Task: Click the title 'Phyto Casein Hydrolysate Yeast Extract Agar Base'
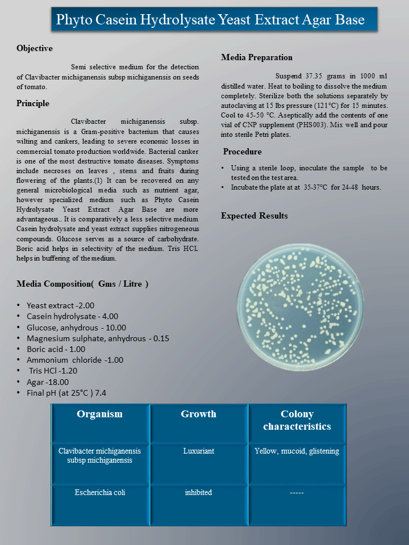210,20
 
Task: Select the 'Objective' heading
35,48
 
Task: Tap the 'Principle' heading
33,103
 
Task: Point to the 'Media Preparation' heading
257,57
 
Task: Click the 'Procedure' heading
243,152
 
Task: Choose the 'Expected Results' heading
254,216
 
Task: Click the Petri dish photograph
300,306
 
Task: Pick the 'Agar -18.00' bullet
48,382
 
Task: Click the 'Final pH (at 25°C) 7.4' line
66,393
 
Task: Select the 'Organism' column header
100,414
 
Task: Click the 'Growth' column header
198,414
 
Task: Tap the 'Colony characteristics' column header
297,420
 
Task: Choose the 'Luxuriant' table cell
198,451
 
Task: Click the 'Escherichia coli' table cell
100,492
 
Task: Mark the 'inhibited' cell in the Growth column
198,492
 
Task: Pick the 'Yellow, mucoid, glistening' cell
297,451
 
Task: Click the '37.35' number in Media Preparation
314,76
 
